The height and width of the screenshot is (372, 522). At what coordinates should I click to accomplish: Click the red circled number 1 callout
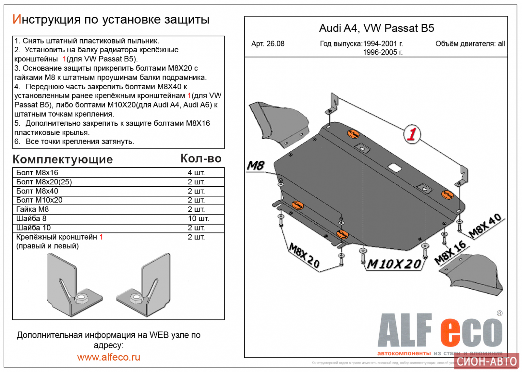click(412, 134)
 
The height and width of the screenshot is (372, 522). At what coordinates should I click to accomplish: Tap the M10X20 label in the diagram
click(394, 264)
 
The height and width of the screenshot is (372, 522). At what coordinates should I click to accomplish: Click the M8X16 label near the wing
click(450, 252)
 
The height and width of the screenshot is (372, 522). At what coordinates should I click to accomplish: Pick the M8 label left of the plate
click(256, 166)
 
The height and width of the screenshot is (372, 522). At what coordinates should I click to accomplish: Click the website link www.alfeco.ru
click(109, 357)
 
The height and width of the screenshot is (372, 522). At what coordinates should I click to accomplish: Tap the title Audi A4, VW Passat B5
click(376, 28)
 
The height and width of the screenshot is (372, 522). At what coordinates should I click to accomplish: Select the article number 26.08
click(268, 44)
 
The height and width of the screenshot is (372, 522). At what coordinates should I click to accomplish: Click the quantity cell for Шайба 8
click(198, 218)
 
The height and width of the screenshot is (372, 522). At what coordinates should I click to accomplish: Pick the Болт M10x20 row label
click(40, 200)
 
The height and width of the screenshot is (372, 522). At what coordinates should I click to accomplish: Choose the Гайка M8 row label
click(33, 209)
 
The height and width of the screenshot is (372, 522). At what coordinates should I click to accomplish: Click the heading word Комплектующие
click(63, 159)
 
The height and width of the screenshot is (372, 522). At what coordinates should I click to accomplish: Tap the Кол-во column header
click(201, 159)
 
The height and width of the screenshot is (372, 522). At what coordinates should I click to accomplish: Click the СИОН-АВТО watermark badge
click(486, 361)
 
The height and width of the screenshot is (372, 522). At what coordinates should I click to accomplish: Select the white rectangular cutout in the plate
click(395, 167)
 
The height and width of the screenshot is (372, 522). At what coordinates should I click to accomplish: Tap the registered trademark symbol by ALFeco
click(499, 313)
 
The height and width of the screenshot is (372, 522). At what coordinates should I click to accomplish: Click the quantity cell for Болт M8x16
click(196, 173)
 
